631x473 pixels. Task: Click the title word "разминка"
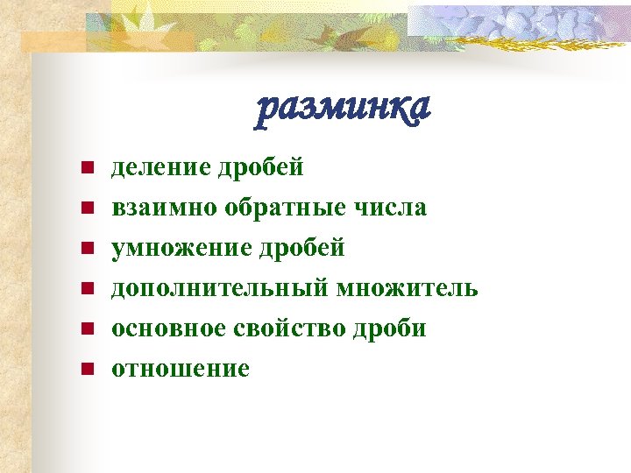pyautogui.click(x=343, y=109)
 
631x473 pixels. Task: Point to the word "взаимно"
pyautogui.click(x=163, y=208)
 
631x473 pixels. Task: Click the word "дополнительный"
pyautogui.click(x=217, y=288)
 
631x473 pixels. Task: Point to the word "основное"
pyautogui.click(x=169, y=328)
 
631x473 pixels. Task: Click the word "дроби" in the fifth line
pyautogui.click(x=387, y=328)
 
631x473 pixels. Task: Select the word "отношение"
pyautogui.click(x=181, y=369)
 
